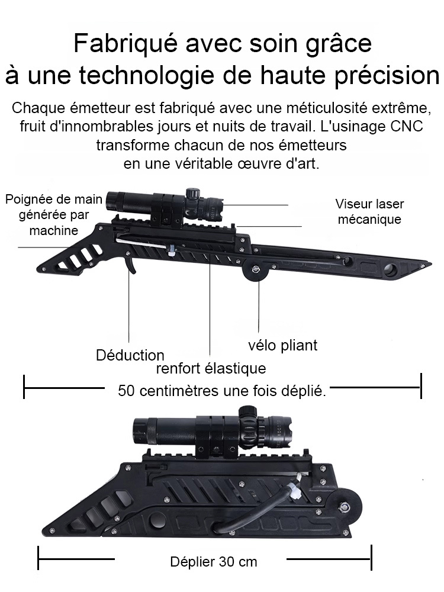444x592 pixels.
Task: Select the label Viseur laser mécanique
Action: [x=369, y=212]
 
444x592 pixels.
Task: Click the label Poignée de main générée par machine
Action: [x=54, y=214]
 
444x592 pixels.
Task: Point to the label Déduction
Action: [x=130, y=355]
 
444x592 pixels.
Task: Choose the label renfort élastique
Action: [x=211, y=369]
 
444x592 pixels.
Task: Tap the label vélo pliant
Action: [x=282, y=345]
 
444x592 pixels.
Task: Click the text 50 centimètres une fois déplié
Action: [x=222, y=391]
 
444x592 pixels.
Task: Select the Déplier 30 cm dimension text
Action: [x=214, y=561]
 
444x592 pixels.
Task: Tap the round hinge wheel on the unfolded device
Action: [x=255, y=271]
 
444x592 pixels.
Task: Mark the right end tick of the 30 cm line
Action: [x=371, y=558]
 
